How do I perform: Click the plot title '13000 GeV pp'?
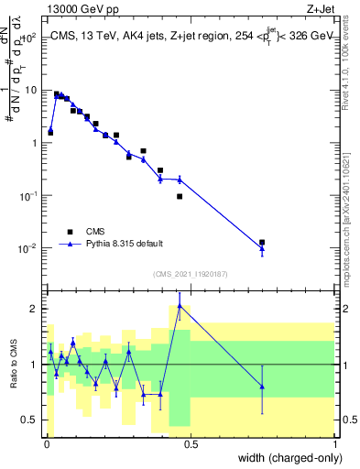click(x=80, y=8)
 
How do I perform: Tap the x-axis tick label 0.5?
click(x=191, y=444)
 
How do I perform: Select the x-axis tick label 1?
click(x=334, y=444)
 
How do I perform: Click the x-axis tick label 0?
click(x=47, y=444)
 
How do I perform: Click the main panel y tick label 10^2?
click(x=31, y=38)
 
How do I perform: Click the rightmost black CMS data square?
click(x=262, y=243)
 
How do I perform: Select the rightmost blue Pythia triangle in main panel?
click(x=262, y=247)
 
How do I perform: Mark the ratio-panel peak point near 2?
click(x=180, y=306)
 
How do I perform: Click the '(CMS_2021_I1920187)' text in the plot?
click(x=190, y=273)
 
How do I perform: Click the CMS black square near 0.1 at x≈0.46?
click(x=180, y=196)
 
